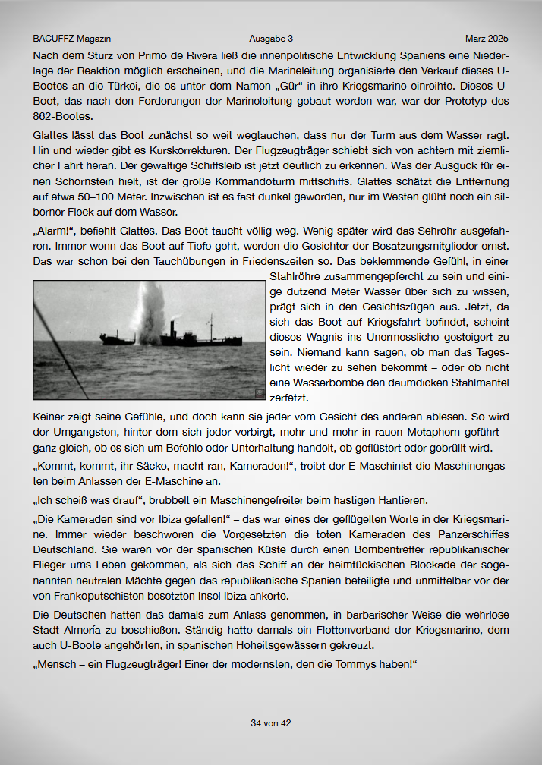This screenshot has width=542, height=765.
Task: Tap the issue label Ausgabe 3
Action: [270, 38]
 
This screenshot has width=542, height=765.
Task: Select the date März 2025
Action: [487, 38]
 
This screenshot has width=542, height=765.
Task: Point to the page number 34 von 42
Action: [271, 723]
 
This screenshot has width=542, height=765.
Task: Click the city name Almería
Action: [95, 631]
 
